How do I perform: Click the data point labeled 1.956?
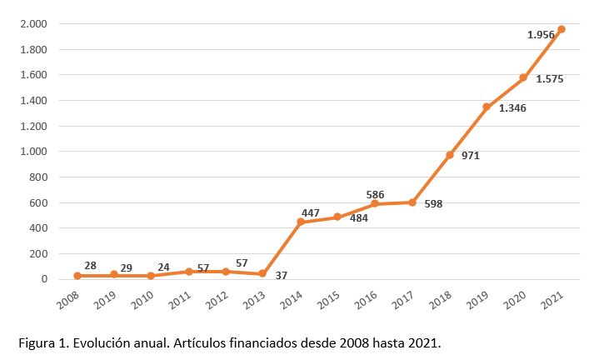561,29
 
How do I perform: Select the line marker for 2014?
301,222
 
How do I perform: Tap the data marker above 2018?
449,155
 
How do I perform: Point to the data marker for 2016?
375,203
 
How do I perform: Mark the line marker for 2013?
263,273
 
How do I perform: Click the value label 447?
310,212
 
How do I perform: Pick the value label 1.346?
512,107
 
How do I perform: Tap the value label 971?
469,156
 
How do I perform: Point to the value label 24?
164,267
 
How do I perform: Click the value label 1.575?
550,79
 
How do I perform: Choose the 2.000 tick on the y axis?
35,24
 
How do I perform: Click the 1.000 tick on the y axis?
35,152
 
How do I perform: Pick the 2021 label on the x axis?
555,301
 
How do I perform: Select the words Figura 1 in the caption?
36,343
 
